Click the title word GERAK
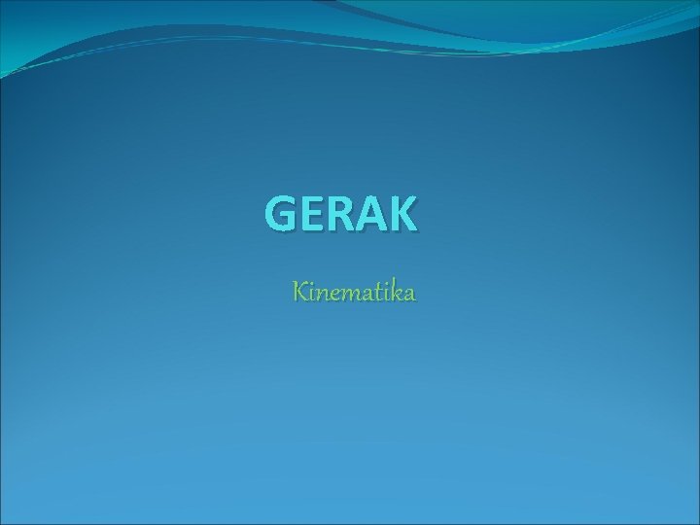pos(341,214)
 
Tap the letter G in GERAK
pos(282,214)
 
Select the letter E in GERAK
pos(312,214)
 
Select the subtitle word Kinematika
pos(355,291)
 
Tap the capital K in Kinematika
pos(300,291)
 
